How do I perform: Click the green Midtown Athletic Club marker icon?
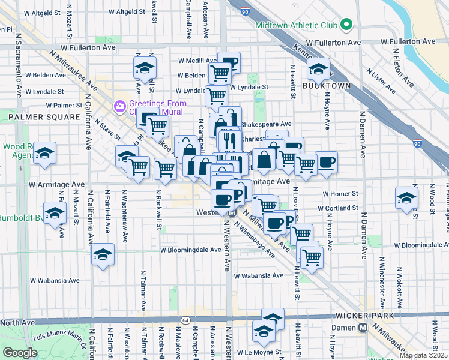[346, 25]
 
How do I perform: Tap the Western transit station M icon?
[232, 213]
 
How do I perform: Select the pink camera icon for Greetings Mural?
[119, 107]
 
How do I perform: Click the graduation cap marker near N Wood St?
[406, 197]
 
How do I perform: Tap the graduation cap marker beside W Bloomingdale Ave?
[103, 254]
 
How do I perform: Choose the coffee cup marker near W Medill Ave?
[229, 61]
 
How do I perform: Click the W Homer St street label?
[340, 194]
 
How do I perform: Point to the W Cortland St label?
[337, 208]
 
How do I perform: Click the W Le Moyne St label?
[259, 352]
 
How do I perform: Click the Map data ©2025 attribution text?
[423, 355]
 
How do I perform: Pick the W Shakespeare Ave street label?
[266, 124]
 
